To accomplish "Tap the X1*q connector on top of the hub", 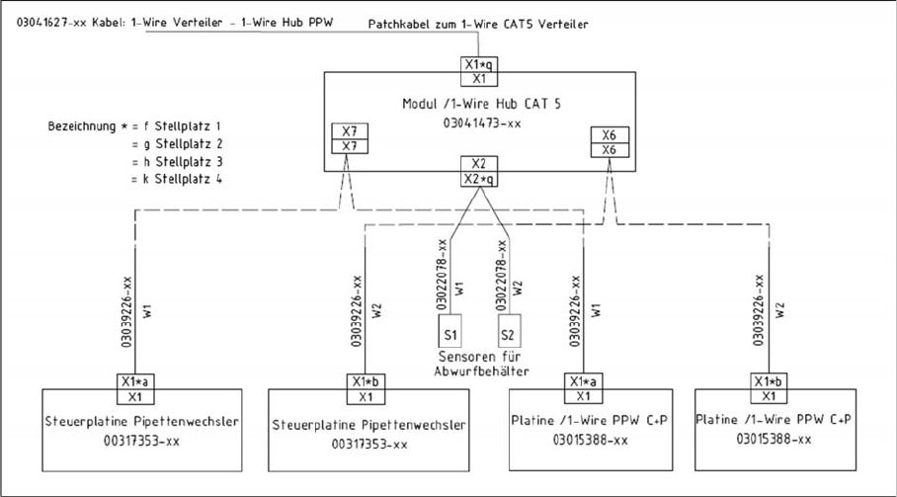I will (477, 64).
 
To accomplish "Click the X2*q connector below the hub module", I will (477, 179).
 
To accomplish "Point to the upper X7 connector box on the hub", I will (347, 133).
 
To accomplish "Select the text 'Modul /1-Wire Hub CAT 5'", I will (478, 103).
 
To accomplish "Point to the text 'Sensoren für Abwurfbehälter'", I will (480, 364).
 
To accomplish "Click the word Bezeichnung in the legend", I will (82, 127).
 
